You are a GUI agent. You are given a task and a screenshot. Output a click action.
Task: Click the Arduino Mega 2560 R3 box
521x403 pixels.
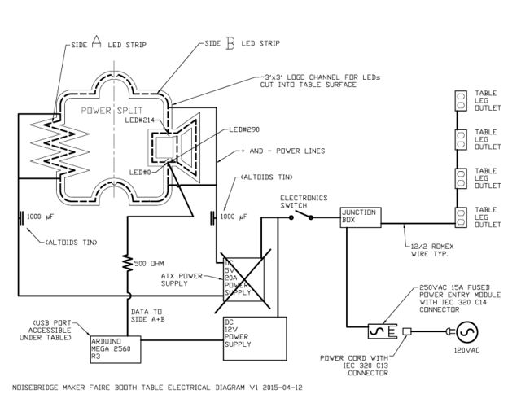(x=116, y=349)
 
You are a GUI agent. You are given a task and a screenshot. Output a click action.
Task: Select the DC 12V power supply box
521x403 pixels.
(x=255, y=339)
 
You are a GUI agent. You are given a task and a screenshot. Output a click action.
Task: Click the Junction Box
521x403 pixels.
(x=361, y=217)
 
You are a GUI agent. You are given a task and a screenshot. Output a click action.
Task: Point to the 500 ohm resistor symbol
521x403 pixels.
(x=127, y=262)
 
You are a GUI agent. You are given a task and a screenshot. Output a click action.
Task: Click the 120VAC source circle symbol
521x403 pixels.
(x=466, y=332)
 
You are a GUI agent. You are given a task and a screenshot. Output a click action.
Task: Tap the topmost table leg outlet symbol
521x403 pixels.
(x=461, y=100)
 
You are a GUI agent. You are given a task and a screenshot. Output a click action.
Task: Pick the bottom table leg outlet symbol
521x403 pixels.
(x=461, y=217)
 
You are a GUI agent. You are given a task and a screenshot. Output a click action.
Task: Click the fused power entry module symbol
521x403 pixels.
(x=383, y=331)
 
